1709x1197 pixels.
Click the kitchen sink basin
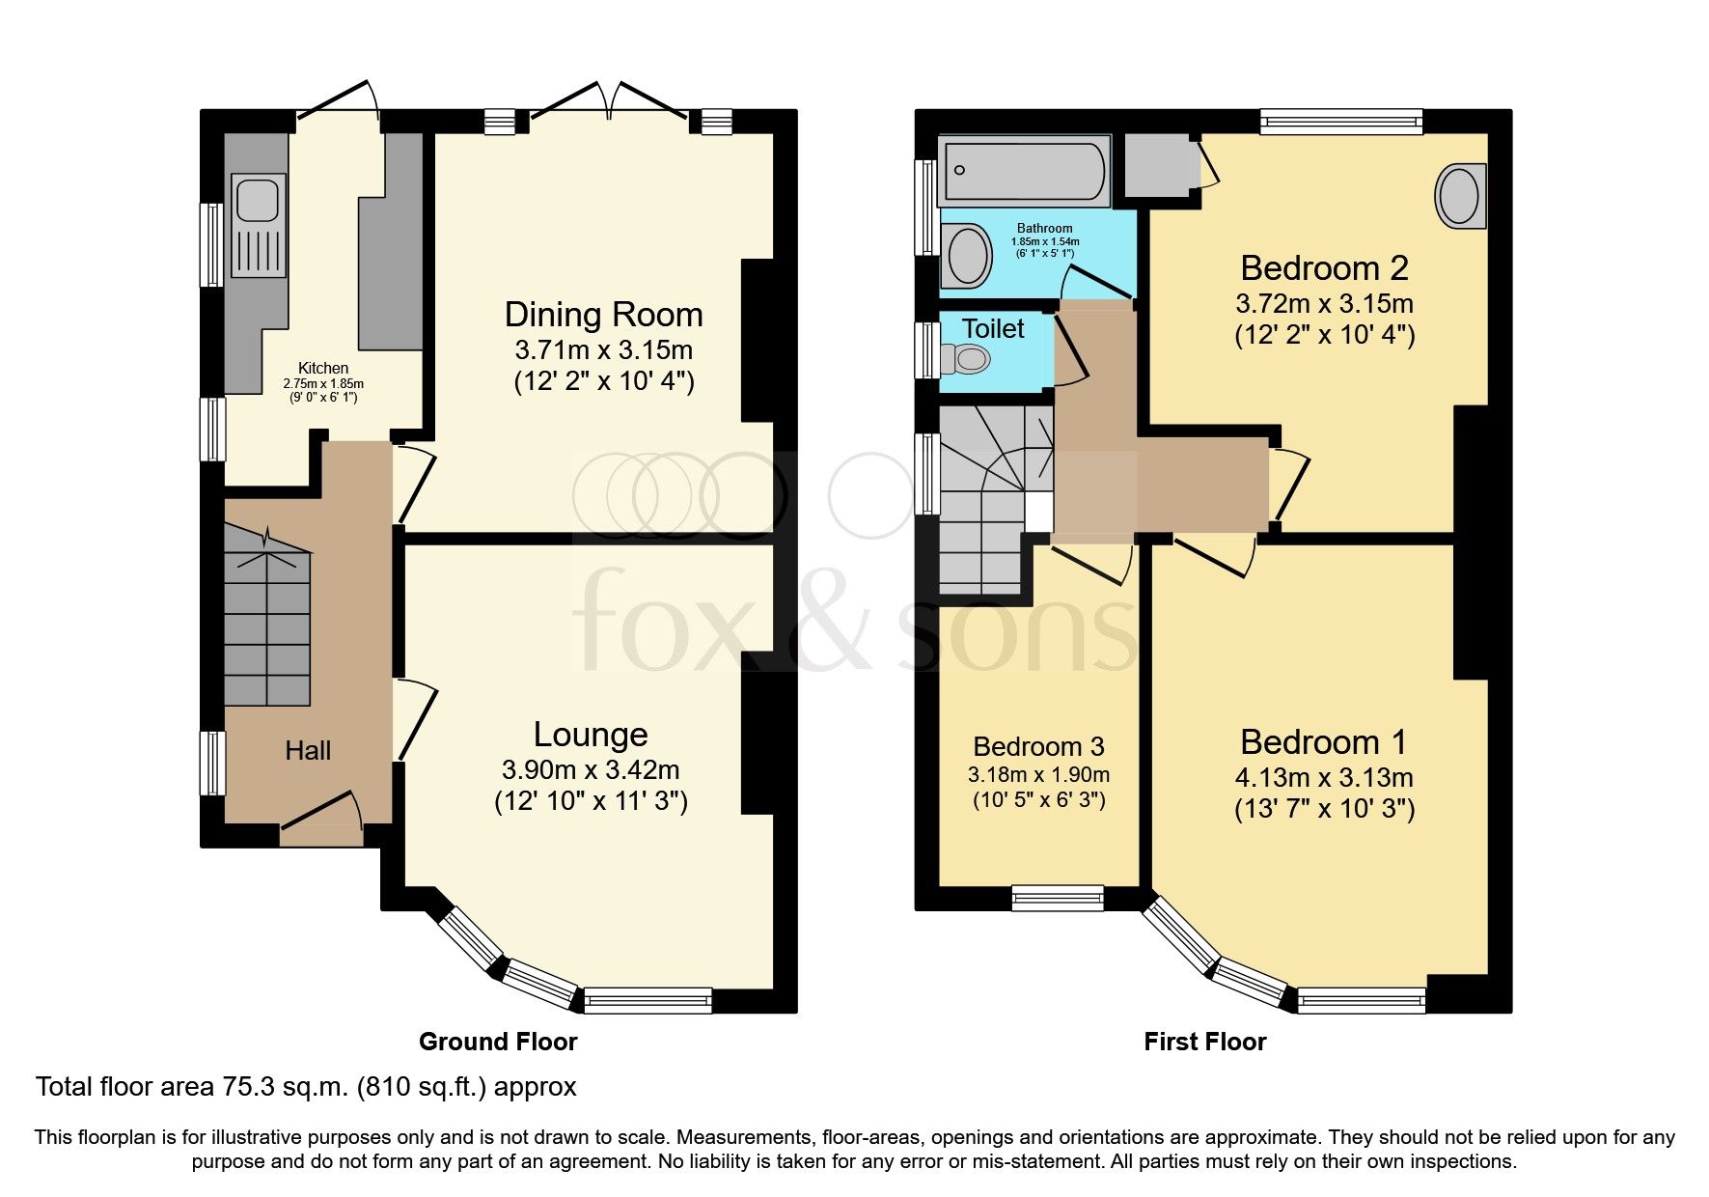(x=257, y=201)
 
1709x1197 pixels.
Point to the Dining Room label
(x=603, y=315)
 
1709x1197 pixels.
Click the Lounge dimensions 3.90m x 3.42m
(x=590, y=770)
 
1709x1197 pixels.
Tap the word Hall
(x=308, y=751)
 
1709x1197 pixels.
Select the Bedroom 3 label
(x=1038, y=746)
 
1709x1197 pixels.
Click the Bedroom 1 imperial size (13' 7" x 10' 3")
(x=1324, y=809)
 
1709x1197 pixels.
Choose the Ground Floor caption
(x=498, y=1042)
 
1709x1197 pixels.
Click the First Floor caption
(x=1204, y=1042)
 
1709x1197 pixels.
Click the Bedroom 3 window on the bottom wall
(x=1058, y=898)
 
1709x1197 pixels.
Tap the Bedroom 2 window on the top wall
(x=1341, y=121)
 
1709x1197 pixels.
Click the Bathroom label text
(x=1044, y=229)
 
